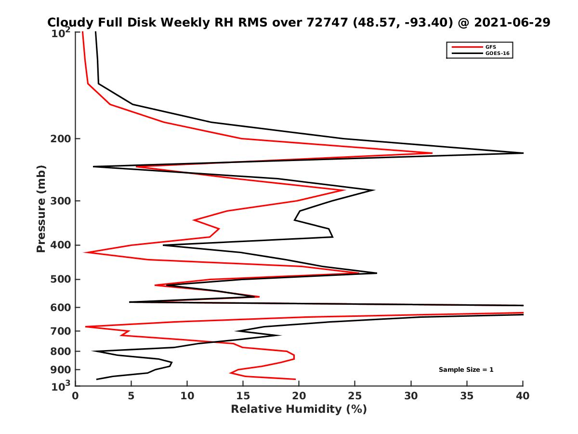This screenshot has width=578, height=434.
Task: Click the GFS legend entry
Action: pyautogui.click(x=492, y=47)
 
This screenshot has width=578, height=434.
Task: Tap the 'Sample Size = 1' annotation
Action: pyautogui.click(x=466, y=369)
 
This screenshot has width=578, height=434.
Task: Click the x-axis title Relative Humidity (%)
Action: pyautogui.click(x=299, y=409)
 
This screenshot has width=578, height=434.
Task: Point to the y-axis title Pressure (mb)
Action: pyautogui.click(x=41, y=209)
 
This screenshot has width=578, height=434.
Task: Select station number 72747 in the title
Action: pyautogui.click(x=325, y=22)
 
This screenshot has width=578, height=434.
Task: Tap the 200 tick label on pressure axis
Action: pyautogui.click(x=61, y=139)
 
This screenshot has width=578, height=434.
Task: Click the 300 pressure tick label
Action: pyautogui.click(x=61, y=201)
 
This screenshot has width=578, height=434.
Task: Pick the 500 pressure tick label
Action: pyautogui.click(x=61, y=279)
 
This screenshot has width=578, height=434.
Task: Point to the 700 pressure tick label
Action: pyautogui.click(x=61, y=331)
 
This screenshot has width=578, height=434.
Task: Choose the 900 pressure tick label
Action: pyautogui.click(x=61, y=370)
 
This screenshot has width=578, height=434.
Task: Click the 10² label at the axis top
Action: pyautogui.click(x=62, y=34)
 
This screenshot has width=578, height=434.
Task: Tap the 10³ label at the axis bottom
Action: pyautogui.click(x=62, y=386)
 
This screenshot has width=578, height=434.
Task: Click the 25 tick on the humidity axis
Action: pyautogui.click(x=355, y=396)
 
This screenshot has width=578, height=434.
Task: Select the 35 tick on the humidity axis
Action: pyautogui.click(x=467, y=396)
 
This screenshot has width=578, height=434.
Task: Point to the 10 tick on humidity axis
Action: pyautogui.click(x=187, y=396)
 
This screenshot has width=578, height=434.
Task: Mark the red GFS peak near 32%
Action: pyautogui.click(x=432, y=153)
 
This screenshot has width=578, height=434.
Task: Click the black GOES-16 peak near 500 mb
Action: pyautogui.click(x=376, y=273)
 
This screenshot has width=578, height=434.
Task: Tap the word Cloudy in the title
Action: pyautogui.click(x=67, y=22)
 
